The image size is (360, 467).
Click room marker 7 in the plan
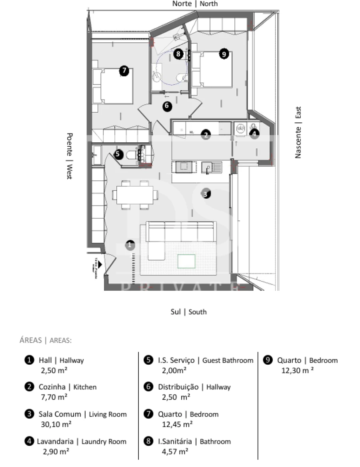[x=124, y=71]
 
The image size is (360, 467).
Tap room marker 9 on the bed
[x=224, y=54]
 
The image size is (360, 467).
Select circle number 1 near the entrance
[x=130, y=245]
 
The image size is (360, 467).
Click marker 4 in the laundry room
[x=255, y=134]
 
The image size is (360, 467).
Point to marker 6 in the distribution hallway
[x=167, y=106]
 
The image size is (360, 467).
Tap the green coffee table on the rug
[x=186, y=261]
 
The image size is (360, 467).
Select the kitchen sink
[x=211, y=167]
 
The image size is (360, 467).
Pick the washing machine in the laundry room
[x=240, y=129]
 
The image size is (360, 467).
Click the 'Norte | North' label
[x=195, y=4]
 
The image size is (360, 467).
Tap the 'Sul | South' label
[x=188, y=312]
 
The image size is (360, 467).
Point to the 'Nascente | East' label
[x=298, y=132]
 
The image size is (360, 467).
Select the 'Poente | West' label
[x=69, y=156]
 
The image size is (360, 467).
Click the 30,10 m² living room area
[x=56, y=424]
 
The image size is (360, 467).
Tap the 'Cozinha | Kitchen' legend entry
[x=67, y=387]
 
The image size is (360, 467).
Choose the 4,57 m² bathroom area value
[x=175, y=451]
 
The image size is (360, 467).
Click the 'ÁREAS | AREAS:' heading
[x=46, y=341]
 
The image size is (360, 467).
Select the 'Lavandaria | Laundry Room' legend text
[x=81, y=442]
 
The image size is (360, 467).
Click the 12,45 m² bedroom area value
[x=177, y=424]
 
